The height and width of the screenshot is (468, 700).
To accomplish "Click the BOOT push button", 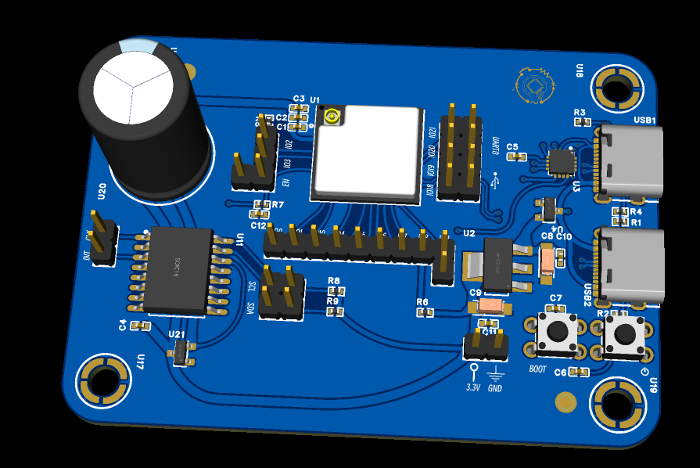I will pos(557,332).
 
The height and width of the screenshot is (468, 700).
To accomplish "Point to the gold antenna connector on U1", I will pos(332,117).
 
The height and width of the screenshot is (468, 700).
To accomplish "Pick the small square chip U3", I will pos(560,162).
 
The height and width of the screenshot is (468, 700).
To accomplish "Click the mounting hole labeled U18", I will pos(616,87).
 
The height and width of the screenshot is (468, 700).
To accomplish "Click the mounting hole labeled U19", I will pos(618,404).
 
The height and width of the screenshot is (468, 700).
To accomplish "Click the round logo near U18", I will pos(535,85).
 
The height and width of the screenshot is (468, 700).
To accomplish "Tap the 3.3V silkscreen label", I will pos(473,387).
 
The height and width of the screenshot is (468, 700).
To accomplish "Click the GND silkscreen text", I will pos(495,388).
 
